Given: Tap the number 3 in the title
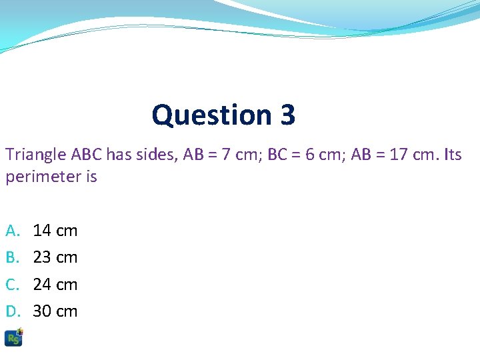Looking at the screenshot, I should [287, 115].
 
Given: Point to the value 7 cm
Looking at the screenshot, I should [237, 155].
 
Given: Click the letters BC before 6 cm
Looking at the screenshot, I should [277, 155].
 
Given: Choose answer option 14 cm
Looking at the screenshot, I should [55, 231].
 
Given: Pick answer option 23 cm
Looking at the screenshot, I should [55, 257].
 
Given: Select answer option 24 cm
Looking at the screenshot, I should [55, 285].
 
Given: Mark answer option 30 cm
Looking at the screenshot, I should [55, 311].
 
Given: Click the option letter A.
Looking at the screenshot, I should [13, 231].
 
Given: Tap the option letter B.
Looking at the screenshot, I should [13, 257].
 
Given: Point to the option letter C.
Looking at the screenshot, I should [13, 285].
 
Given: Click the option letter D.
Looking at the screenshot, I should [13, 311].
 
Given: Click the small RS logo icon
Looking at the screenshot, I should [14, 337].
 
